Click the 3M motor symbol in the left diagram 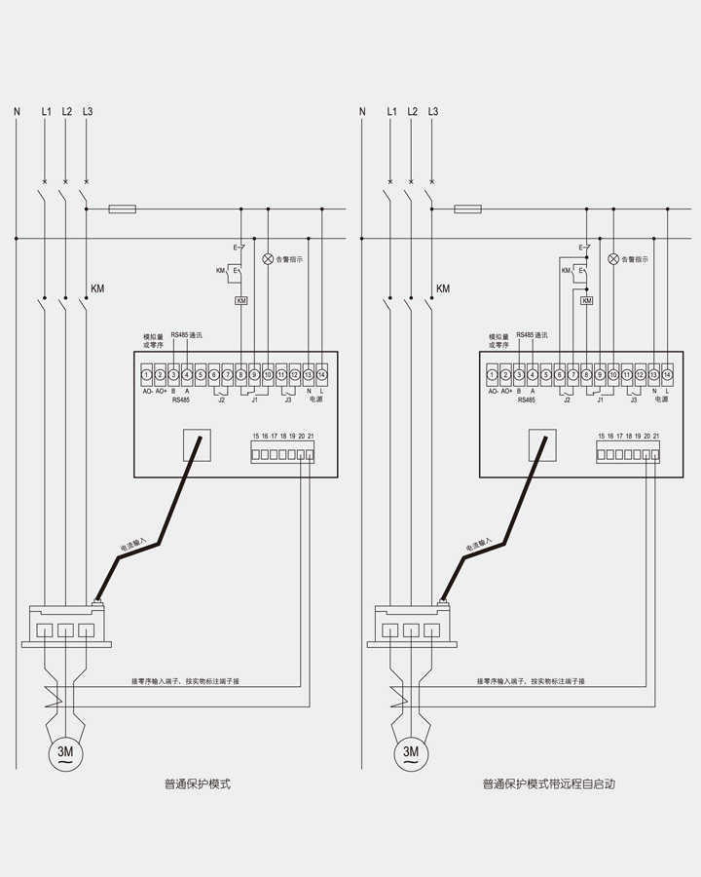65,752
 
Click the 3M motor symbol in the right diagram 411,752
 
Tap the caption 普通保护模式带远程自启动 549,783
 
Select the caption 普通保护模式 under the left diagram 198,783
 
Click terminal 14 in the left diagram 321,374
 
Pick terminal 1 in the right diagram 492,374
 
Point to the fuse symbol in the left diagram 123,209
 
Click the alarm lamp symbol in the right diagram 613,259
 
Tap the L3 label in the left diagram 88,112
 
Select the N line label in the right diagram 362,112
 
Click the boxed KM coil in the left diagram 241,301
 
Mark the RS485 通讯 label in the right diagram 532,335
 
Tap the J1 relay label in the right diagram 600,400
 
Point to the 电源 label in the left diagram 315,400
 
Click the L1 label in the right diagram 391,112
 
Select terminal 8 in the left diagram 240,374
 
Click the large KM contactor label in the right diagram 443,289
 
